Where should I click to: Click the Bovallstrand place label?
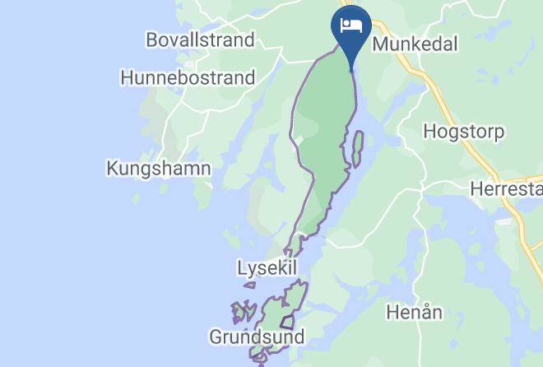pos(200,39)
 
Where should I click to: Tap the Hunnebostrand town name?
pos(187,78)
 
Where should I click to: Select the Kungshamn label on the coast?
pos(159,169)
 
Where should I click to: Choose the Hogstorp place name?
pos(463,131)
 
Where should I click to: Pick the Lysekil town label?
pos(266,269)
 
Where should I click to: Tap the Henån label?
pos(415,312)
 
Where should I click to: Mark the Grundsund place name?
pos(257,337)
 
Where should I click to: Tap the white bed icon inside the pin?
pos(350,24)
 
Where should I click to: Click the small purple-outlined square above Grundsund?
pos(287,322)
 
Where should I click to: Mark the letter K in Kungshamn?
pos(113,169)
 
